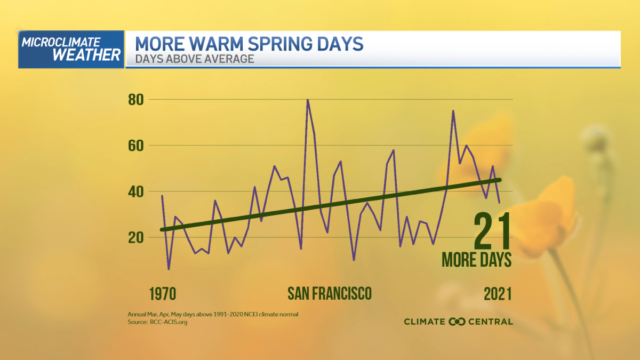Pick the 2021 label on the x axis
[498, 294]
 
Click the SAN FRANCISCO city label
[329, 293]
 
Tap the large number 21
[492, 231]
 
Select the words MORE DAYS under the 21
[476, 260]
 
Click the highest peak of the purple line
[308, 100]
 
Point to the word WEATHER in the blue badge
[79, 55]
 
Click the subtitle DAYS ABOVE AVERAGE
[194, 59]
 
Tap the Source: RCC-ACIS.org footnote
[157, 322]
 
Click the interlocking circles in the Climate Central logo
[457, 322]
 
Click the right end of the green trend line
[500, 180]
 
